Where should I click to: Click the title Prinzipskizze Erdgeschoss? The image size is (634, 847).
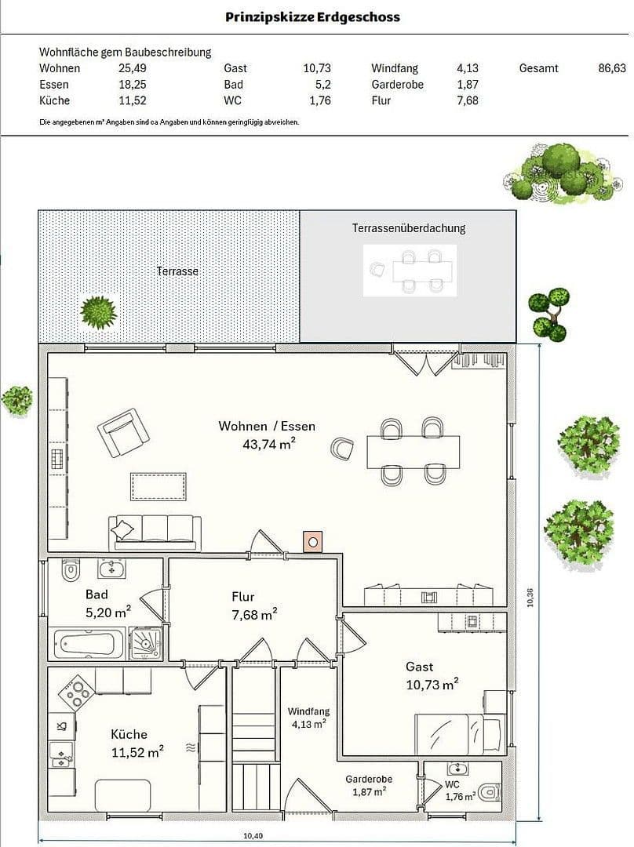[312, 17]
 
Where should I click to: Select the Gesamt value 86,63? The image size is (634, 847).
[612, 68]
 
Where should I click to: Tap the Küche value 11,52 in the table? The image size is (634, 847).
[133, 100]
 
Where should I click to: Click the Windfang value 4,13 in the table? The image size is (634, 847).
[468, 68]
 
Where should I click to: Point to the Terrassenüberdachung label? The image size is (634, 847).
[409, 228]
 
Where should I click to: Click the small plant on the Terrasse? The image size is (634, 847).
[98, 312]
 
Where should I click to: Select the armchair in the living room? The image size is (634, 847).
[123, 432]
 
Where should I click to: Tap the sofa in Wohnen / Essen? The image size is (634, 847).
[155, 533]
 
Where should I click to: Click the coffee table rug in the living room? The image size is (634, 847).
[158, 487]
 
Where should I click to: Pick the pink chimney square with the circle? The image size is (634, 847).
[312, 541]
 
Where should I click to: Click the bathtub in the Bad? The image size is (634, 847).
[88, 644]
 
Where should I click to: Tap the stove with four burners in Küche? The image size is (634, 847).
[77, 693]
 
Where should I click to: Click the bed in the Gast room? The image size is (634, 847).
[460, 733]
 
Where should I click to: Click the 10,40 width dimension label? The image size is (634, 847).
[253, 836]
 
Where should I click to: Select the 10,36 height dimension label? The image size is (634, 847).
[530, 598]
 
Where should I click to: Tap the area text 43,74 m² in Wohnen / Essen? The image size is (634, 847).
[269, 444]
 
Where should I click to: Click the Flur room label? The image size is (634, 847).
[242, 597]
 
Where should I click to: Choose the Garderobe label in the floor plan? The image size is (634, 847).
[369, 779]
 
